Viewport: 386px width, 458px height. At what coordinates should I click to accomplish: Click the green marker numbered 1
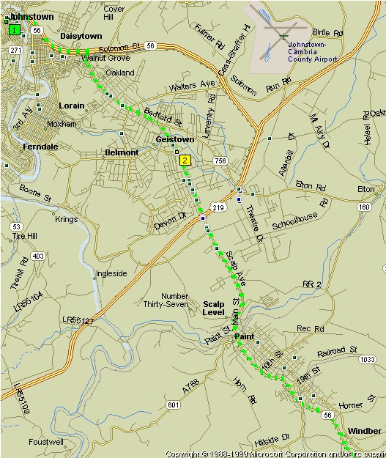click(x=13, y=30)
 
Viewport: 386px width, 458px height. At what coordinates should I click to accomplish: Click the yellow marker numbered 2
click(x=185, y=160)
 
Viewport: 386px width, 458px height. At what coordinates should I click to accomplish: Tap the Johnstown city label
click(x=30, y=15)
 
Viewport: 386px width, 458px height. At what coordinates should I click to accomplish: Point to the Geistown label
click(x=174, y=138)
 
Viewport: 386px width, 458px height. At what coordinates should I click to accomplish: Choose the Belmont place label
click(x=122, y=152)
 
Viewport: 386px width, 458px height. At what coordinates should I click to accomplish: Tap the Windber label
click(x=365, y=431)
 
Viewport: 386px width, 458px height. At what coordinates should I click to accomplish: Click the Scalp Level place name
click(x=213, y=308)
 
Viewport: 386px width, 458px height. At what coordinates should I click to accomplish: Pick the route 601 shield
click(x=173, y=405)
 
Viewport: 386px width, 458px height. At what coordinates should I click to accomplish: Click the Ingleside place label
click(x=111, y=274)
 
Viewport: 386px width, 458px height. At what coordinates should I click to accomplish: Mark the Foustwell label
click(x=45, y=443)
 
